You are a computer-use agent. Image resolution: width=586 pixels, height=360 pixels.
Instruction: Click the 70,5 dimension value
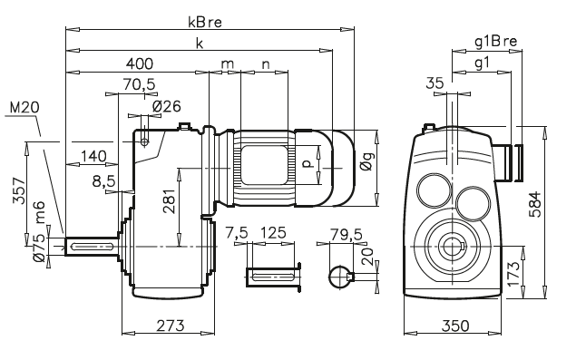coord(139,84)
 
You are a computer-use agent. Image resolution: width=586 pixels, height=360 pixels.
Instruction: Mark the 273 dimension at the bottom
coord(170,325)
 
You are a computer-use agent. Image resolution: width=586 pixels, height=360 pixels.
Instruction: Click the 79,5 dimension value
coord(347,233)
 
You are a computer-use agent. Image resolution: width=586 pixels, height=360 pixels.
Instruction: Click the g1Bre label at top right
coord(495,42)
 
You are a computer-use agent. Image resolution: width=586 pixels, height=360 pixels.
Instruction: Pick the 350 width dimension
coord(458,325)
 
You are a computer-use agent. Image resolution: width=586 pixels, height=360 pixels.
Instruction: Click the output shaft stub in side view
coord(87,246)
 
